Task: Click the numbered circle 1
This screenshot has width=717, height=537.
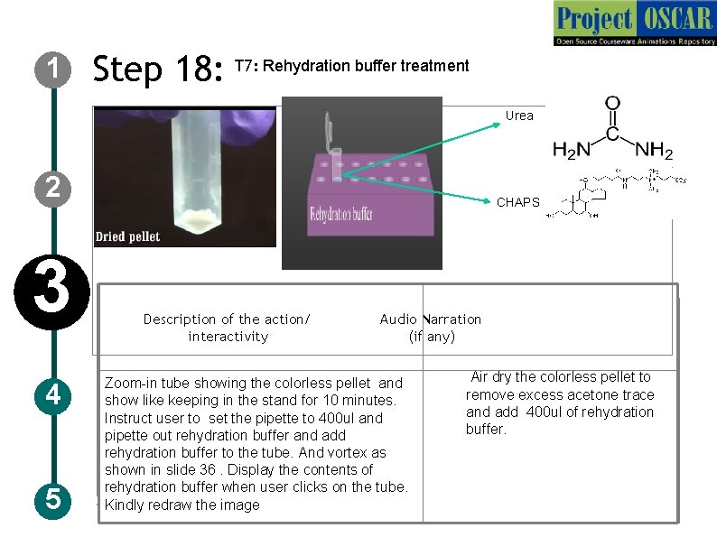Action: (54, 69)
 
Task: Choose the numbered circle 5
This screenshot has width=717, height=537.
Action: (54, 499)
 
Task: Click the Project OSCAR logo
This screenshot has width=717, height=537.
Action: (634, 24)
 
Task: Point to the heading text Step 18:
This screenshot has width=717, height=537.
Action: (158, 69)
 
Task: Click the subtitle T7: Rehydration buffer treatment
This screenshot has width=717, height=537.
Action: (351, 66)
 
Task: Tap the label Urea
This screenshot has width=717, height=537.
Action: (519, 116)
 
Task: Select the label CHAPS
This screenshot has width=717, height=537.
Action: (517, 202)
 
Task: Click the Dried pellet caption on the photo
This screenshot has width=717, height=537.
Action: (127, 236)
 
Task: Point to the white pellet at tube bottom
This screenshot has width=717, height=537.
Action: (198, 217)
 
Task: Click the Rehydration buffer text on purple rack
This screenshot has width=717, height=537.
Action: (341, 215)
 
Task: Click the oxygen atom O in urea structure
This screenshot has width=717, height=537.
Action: (613, 106)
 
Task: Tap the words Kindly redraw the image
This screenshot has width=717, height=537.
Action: (182, 505)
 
